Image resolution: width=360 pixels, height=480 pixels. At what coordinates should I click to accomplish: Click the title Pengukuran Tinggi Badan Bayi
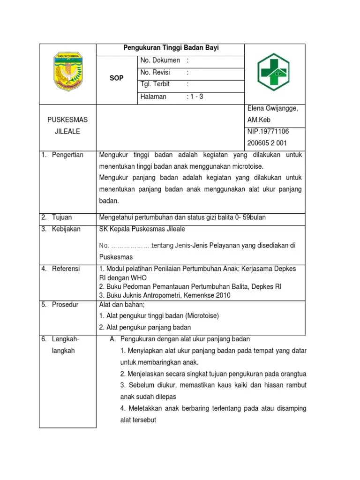[171, 48]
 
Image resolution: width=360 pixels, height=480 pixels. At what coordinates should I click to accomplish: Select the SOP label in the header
[116, 78]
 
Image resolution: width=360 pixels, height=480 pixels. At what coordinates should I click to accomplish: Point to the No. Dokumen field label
[160, 60]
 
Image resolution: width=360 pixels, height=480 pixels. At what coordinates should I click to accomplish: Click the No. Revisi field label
[155, 73]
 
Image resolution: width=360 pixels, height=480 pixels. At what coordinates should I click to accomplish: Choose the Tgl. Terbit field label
[155, 84]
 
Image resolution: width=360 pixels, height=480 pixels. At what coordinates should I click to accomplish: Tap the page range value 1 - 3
[195, 97]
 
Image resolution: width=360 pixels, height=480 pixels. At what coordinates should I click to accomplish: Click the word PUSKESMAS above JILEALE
[67, 120]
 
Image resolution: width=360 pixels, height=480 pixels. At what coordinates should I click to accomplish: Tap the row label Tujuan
[62, 217]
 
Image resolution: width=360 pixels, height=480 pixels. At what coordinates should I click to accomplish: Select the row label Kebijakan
[66, 229]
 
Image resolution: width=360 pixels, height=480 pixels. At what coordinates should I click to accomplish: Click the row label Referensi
[66, 269]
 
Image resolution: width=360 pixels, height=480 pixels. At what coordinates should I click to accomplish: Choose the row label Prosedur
[65, 304]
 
